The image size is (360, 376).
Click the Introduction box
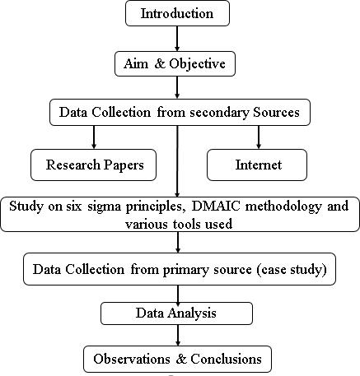click(177, 13)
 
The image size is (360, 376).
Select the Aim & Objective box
click(175, 63)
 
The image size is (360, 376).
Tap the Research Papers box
click(93, 165)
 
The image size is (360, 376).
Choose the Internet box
click(257, 165)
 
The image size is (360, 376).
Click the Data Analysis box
click(176, 313)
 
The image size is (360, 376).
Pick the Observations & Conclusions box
click(177, 359)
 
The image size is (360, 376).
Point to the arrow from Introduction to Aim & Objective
click(177, 39)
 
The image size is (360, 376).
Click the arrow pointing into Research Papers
click(94, 137)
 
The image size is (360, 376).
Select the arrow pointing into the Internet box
click(259, 137)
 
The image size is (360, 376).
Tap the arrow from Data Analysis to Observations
click(178, 335)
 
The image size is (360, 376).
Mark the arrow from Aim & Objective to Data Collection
click(177, 87)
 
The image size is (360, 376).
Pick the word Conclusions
click(226, 359)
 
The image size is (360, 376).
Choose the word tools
click(188, 225)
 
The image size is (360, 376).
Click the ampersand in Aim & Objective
click(160, 63)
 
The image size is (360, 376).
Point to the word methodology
click(283, 207)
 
